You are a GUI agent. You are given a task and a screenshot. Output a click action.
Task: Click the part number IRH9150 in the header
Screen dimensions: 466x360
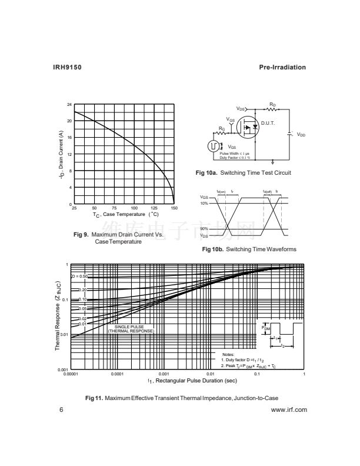[65, 68]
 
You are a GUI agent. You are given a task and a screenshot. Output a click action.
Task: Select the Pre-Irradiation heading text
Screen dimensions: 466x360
[282, 68]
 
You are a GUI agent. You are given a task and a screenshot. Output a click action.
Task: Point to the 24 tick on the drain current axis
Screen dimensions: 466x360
[69, 105]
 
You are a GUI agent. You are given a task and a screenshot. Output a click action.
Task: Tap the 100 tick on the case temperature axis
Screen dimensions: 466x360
[134, 208]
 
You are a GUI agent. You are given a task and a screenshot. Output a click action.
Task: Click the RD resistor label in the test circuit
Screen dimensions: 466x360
[272, 104]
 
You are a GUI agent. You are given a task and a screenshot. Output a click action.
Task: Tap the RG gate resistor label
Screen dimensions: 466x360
[222, 128]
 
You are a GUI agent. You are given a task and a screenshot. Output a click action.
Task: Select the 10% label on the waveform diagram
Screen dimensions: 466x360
[204, 203]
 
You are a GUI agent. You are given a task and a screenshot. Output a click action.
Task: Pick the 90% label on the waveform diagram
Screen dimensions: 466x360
[204, 229]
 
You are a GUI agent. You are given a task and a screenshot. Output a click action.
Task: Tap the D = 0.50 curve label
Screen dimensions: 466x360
[79, 276]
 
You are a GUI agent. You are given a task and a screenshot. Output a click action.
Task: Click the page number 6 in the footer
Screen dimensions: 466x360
[61, 410]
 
